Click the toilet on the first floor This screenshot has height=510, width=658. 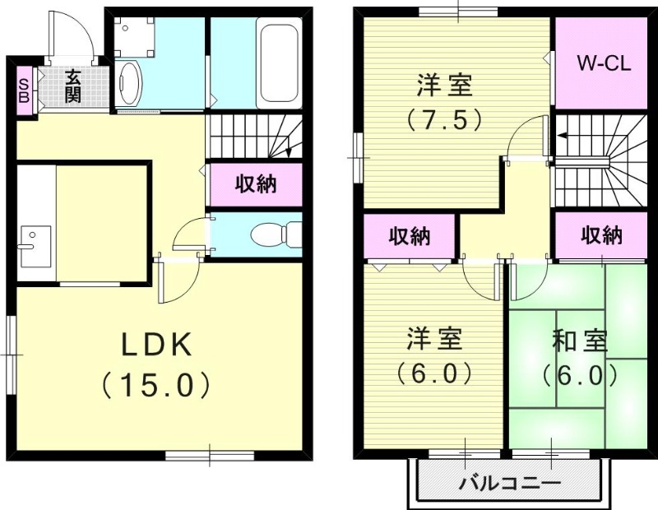[271, 234]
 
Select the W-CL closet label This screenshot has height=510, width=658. [603, 64]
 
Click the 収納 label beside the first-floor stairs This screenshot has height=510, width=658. [255, 184]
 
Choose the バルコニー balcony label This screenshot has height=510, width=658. [510, 483]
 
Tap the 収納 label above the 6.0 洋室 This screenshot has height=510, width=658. [410, 237]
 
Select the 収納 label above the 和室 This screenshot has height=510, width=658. [602, 236]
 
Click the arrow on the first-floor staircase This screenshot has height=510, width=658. [290, 150]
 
